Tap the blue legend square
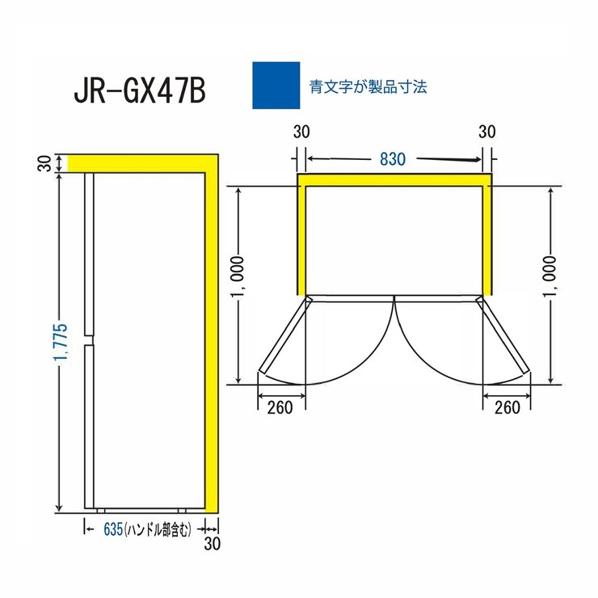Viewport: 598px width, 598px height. [x=276, y=86]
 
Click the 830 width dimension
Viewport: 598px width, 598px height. [x=392, y=159]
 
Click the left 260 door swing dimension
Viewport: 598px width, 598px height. [x=279, y=408]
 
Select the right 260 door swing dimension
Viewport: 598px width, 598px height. [x=507, y=408]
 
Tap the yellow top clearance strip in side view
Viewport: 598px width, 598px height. [x=137, y=162]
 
